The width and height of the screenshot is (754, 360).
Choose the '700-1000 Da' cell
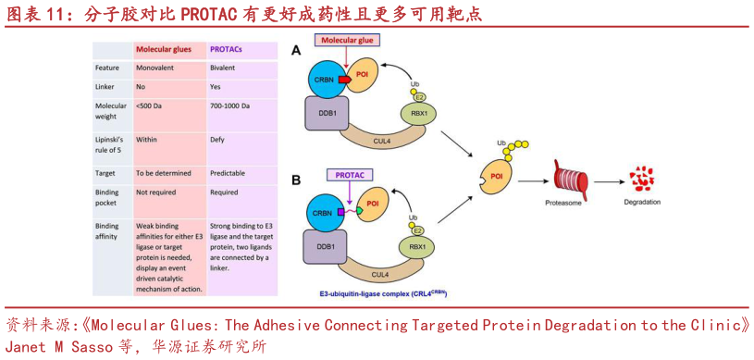[230, 106]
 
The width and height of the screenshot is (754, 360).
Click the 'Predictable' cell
[229, 172]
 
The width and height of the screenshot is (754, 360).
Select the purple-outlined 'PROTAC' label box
[349, 174]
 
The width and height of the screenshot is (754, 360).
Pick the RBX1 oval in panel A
[418, 113]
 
